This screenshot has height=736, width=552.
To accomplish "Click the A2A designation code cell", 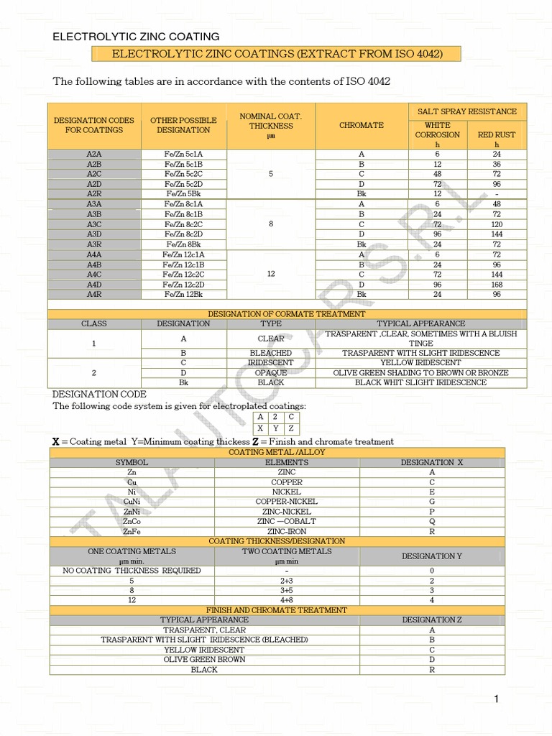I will pos(93,154).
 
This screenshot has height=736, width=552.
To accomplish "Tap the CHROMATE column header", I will pos(362,125).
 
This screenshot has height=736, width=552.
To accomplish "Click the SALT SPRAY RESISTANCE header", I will pos(467,111).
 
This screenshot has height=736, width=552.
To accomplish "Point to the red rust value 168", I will pos(497,285).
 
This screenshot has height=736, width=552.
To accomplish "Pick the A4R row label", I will pos(93,295).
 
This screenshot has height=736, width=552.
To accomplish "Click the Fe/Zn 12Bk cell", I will pos(184,295).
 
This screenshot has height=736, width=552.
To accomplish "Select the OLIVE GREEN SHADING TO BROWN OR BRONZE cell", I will pos(420,373).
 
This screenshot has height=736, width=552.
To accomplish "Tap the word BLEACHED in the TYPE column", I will pos(271,354).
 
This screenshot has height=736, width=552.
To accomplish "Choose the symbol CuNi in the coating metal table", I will pos(132,502).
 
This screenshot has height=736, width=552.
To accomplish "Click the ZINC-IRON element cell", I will pos(287,531).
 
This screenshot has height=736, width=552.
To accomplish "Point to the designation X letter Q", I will pos(432,521).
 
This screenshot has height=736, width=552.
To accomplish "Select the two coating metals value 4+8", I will pos(287,599).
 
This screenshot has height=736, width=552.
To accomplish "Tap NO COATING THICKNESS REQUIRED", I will pos(132,571).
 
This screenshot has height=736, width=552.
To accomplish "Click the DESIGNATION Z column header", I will pos(432,620).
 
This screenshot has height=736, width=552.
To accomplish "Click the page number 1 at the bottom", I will pos(496,699).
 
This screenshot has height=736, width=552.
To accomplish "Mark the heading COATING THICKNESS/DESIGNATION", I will pos(277,541).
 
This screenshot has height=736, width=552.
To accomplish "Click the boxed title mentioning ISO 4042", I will pos(276,54).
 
